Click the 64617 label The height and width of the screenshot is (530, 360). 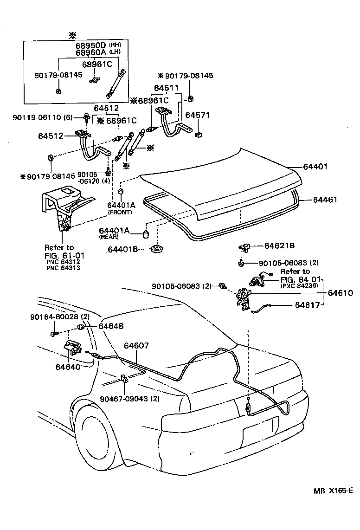pyautogui.click(x=308, y=305)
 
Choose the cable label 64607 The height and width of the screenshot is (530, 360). pyautogui.click(x=136, y=346)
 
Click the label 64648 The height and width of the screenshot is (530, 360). pyautogui.click(x=111, y=326)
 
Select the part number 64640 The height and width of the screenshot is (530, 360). pyautogui.click(x=68, y=367)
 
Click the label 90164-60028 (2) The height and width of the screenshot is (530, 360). pyautogui.click(x=59, y=317)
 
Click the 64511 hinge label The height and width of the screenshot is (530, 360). pyautogui.click(x=167, y=88)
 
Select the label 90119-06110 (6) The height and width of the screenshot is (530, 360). pyautogui.click(x=42, y=118)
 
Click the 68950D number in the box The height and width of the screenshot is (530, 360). pyautogui.click(x=91, y=46)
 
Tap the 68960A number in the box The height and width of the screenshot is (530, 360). pyautogui.click(x=91, y=53)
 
